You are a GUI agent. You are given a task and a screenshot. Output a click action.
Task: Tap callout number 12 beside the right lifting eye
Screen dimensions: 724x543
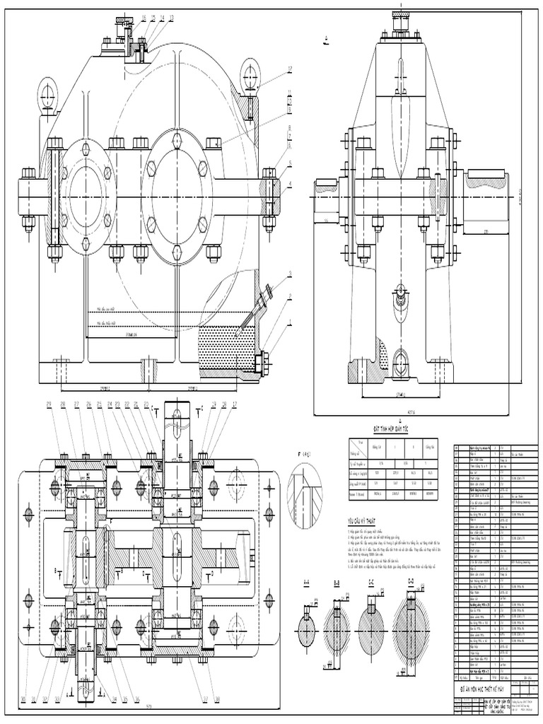[290, 69]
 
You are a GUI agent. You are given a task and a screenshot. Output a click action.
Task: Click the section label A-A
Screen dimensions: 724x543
[306, 583]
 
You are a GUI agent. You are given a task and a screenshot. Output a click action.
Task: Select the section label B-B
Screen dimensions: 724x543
[337, 583]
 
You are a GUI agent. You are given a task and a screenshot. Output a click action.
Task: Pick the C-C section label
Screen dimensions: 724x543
[371, 583]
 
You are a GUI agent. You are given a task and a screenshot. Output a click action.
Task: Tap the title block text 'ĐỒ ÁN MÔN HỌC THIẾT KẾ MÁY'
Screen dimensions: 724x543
[492, 688]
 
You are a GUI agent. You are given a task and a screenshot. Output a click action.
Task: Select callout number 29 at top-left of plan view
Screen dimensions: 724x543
[49, 404]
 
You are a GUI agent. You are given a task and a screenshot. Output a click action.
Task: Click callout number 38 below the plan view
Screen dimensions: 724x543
[216, 699]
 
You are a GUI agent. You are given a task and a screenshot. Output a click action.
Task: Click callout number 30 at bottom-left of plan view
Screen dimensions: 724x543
[23, 699]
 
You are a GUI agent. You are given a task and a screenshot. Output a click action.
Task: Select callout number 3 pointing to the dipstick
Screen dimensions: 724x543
[290, 274]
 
